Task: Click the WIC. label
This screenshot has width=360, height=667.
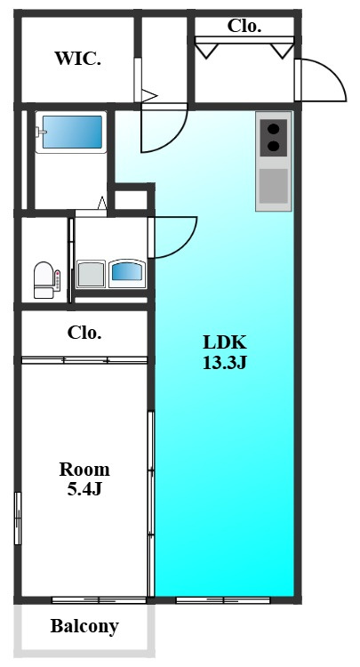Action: point(78,59)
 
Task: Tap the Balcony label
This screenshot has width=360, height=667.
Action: point(84,626)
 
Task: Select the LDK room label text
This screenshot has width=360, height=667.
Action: point(225,342)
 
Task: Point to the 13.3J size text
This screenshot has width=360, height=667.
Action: point(225,363)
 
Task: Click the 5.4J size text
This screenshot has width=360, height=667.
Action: point(84,489)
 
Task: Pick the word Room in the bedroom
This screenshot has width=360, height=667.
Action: point(84,470)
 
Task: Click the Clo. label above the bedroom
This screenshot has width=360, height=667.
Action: point(84,333)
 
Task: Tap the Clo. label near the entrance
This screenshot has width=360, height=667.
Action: point(244,27)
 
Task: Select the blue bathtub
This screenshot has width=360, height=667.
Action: point(73,132)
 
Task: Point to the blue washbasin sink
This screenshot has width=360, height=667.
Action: point(127,272)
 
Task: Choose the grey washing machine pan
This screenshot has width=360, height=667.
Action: point(91,275)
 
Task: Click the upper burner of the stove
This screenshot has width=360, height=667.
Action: point(274,128)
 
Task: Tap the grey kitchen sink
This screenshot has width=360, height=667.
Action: point(274,186)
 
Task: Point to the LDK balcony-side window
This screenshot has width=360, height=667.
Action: point(223,600)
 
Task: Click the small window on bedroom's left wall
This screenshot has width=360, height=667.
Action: point(18,518)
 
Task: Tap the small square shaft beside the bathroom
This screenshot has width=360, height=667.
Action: point(131,200)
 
